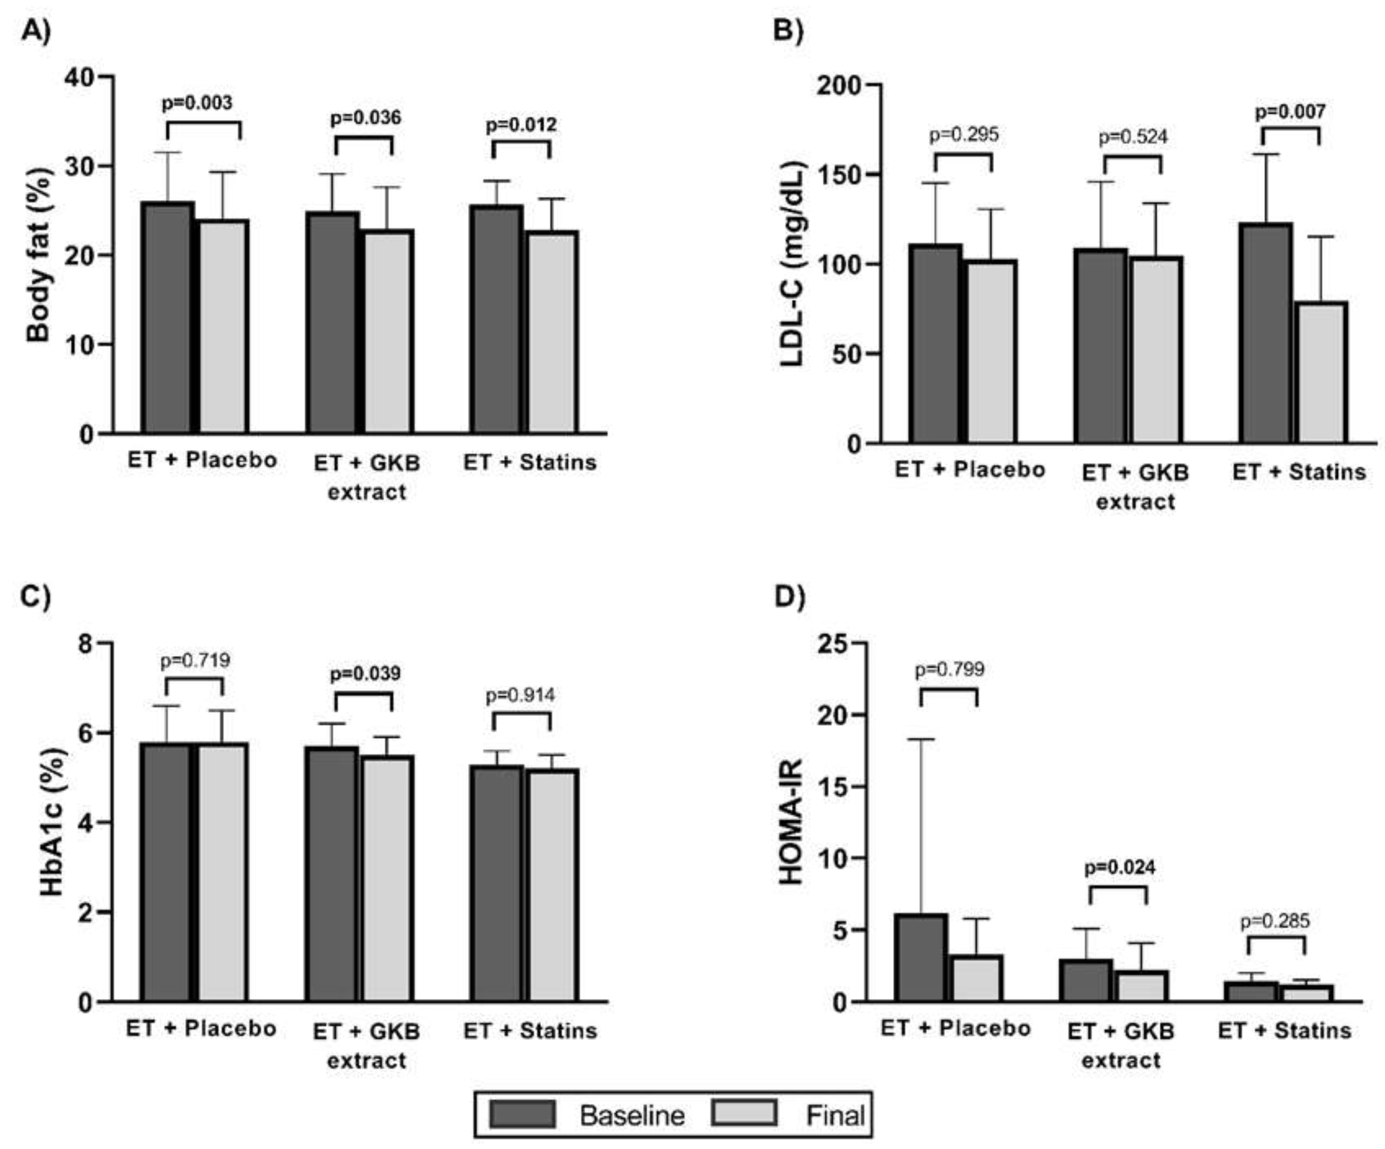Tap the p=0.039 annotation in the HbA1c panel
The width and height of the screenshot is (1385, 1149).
[365, 674]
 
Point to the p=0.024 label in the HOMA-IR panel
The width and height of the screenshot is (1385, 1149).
[1120, 868]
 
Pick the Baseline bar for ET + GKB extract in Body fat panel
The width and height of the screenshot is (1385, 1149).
[332, 323]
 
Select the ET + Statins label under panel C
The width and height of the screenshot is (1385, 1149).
[530, 1030]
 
